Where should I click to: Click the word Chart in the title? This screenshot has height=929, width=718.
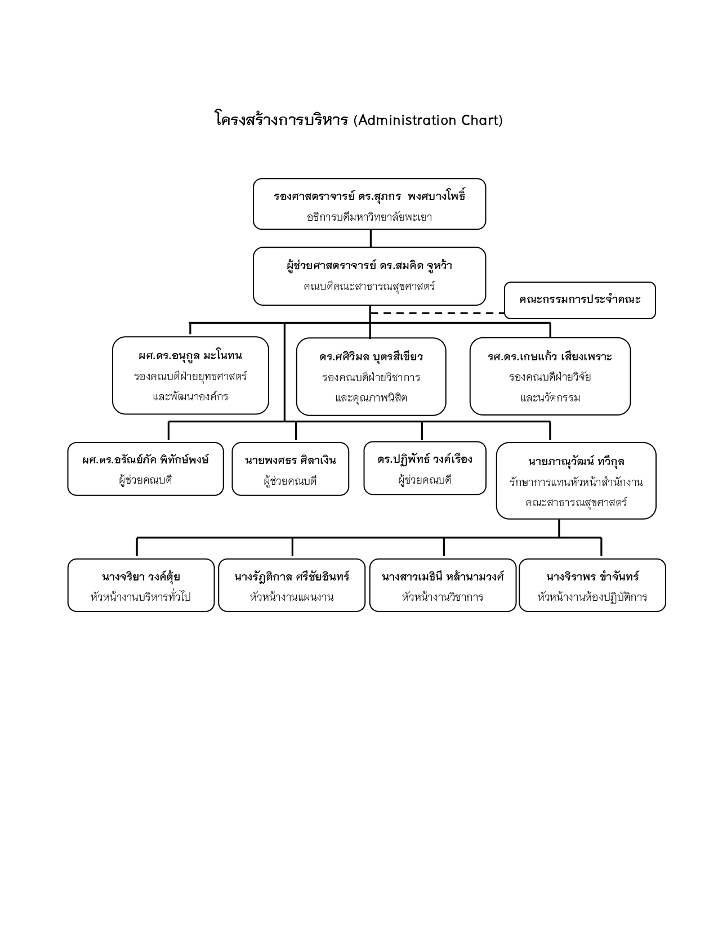(x=479, y=120)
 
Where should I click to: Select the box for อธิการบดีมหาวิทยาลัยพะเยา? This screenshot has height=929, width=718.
(x=369, y=204)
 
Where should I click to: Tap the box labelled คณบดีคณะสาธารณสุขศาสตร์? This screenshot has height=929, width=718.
(x=369, y=276)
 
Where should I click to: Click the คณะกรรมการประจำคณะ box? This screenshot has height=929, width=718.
(x=579, y=300)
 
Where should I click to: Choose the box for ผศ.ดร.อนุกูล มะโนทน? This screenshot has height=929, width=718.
(x=190, y=376)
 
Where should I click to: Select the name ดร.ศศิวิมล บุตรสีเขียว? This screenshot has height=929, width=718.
(x=371, y=357)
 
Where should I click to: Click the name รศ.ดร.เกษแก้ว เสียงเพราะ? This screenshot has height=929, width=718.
(x=550, y=357)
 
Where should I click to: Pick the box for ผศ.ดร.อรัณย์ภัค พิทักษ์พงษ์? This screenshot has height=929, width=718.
(x=145, y=469)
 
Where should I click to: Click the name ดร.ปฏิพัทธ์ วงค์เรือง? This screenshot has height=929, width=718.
(x=425, y=459)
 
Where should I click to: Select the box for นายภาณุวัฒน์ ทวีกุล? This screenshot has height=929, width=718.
(x=576, y=481)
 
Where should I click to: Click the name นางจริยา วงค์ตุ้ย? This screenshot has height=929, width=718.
(x=141, y=577)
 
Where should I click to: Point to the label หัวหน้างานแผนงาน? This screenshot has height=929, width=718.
(x=292, y=597)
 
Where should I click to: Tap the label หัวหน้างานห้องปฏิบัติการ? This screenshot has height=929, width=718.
(x=592, y=597)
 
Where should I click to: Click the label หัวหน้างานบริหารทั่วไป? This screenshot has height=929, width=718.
(x=141, y=597)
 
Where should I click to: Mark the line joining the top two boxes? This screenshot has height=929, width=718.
(x=370, y=238)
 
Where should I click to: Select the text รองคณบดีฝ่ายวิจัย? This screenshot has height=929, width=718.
(x=550, y=377)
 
